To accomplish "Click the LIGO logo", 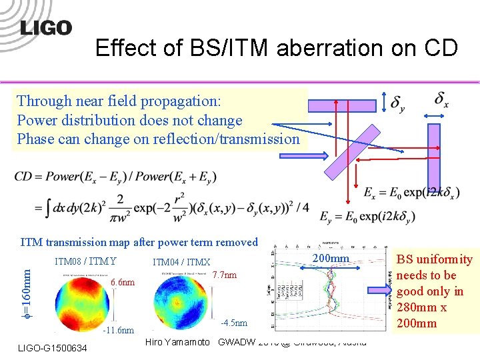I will click(x=45, y=28).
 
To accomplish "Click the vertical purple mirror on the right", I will click(x=434, y=157).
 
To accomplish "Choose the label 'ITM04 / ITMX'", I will click(x=181, y=263).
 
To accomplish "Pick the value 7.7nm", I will click(x=224, y=275).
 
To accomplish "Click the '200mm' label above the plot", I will click(x=331, y=257).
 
